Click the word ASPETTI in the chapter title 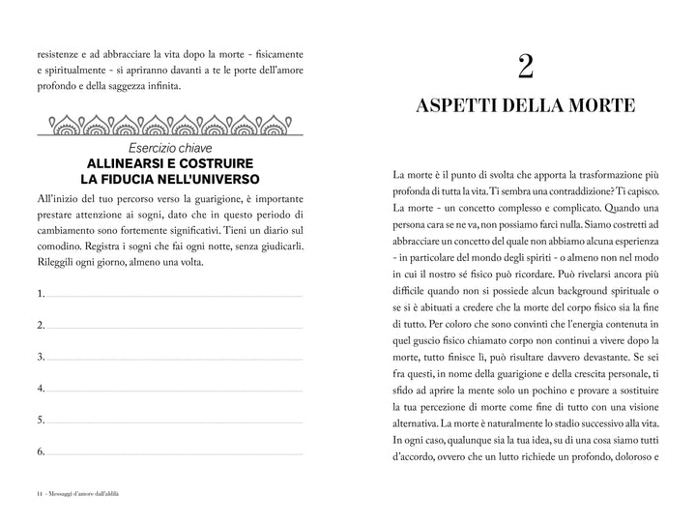pos(463,106)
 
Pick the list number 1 pos(41,293)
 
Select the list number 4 pos(41,389)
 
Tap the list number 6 pos(41,451)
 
